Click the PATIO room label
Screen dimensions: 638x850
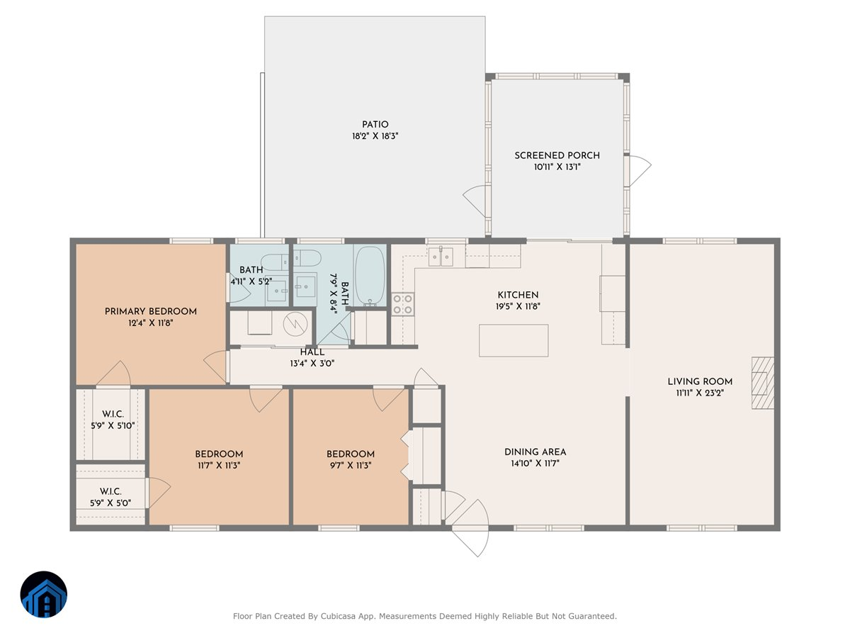coord(375,125)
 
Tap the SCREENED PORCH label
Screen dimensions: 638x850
coord(557,155)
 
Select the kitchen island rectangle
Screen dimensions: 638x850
coord(514,340)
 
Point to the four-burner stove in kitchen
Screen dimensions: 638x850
coord(402,304)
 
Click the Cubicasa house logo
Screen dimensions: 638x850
coord(44,594)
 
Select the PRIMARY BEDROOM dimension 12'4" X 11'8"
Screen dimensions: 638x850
coord(151,323)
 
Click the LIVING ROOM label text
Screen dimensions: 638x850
coord(700,381)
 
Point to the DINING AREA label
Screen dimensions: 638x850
coord(535,452)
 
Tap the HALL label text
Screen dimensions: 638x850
coord(312,352)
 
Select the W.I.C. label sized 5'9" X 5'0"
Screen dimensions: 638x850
coord(110,491)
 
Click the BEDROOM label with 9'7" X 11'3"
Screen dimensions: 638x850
coord(351,454)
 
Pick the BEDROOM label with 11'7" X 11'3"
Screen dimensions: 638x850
coord(219,454)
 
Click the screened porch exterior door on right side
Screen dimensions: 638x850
coord(640,168)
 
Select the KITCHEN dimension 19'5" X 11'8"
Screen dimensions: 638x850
coord(518,306)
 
